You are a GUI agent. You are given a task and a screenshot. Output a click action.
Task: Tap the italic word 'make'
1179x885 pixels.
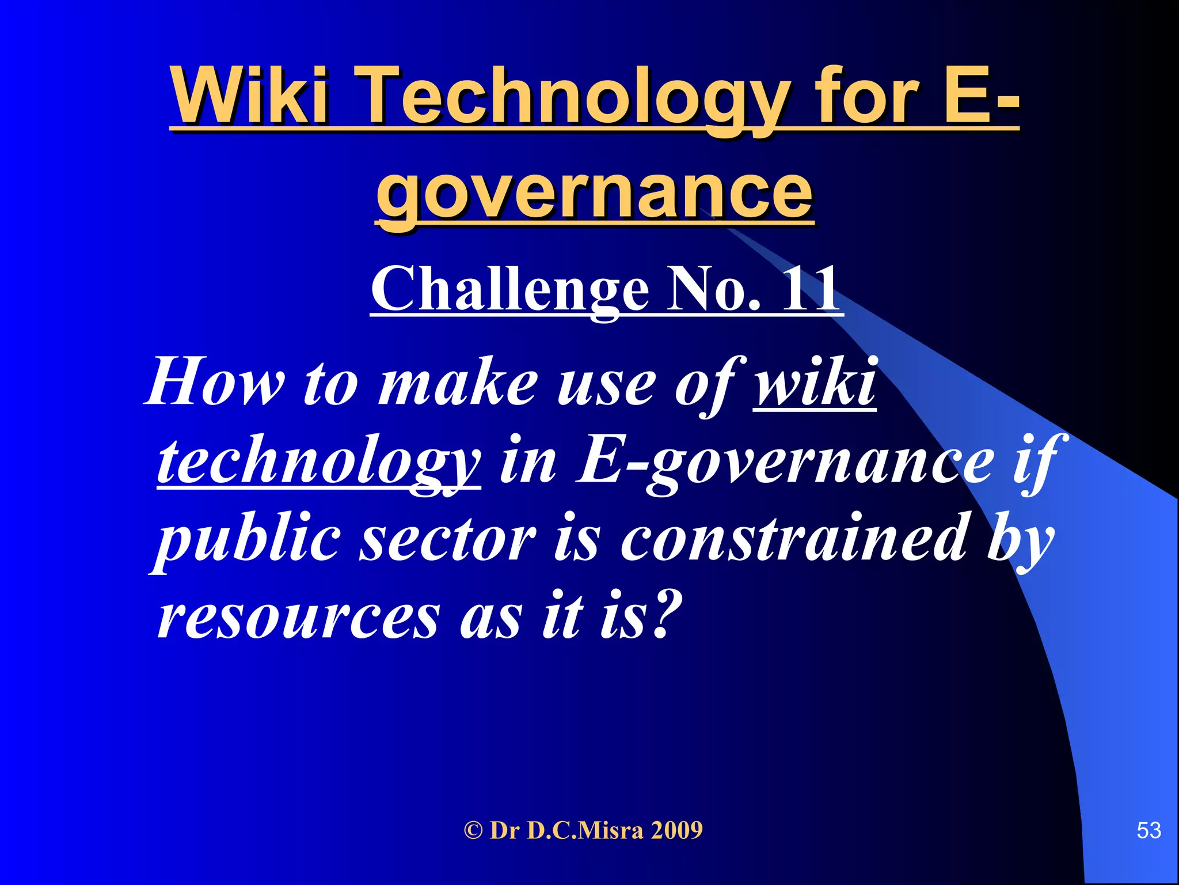click(457, 383)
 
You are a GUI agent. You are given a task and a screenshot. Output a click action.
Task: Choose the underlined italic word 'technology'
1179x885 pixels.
click(318, 461)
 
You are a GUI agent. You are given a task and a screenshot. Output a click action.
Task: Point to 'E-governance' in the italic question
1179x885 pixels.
click(785, 461)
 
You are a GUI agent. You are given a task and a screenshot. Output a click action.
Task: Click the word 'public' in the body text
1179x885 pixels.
click(248, 539)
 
